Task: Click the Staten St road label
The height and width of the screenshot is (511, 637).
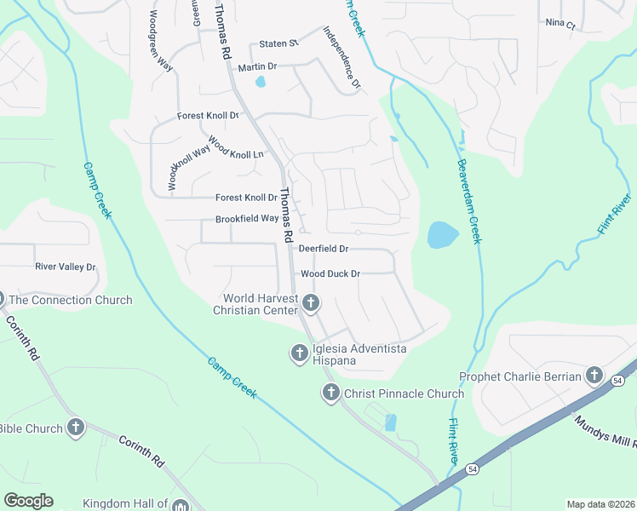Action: [278, 43]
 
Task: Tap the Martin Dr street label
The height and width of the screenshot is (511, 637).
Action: [257, 66]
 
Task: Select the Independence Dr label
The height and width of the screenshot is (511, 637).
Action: [342, 58]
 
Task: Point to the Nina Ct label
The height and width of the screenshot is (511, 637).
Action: [560, 24]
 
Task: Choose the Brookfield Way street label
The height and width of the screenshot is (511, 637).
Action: [247, 218]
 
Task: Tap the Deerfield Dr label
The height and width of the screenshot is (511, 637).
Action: [323, 249]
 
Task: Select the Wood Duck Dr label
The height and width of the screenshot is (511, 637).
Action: [331, 274]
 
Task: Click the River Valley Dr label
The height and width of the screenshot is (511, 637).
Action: [66, 267]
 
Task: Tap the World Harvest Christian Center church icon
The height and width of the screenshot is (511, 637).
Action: [311, 302]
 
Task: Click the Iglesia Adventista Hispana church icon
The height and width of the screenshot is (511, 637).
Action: [299, 352]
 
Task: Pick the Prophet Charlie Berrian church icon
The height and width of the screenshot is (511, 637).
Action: [594, 376]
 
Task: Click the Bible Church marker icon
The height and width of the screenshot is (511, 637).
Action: [76, 428]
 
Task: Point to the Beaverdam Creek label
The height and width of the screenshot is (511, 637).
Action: [468, 201]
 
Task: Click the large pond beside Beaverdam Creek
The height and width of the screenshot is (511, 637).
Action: [441, 234]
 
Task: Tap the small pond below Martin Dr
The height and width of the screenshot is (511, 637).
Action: [261, 83]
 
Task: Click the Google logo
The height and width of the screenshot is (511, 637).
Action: [28, 501]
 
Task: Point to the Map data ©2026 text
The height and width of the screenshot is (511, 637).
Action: [600, 504]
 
